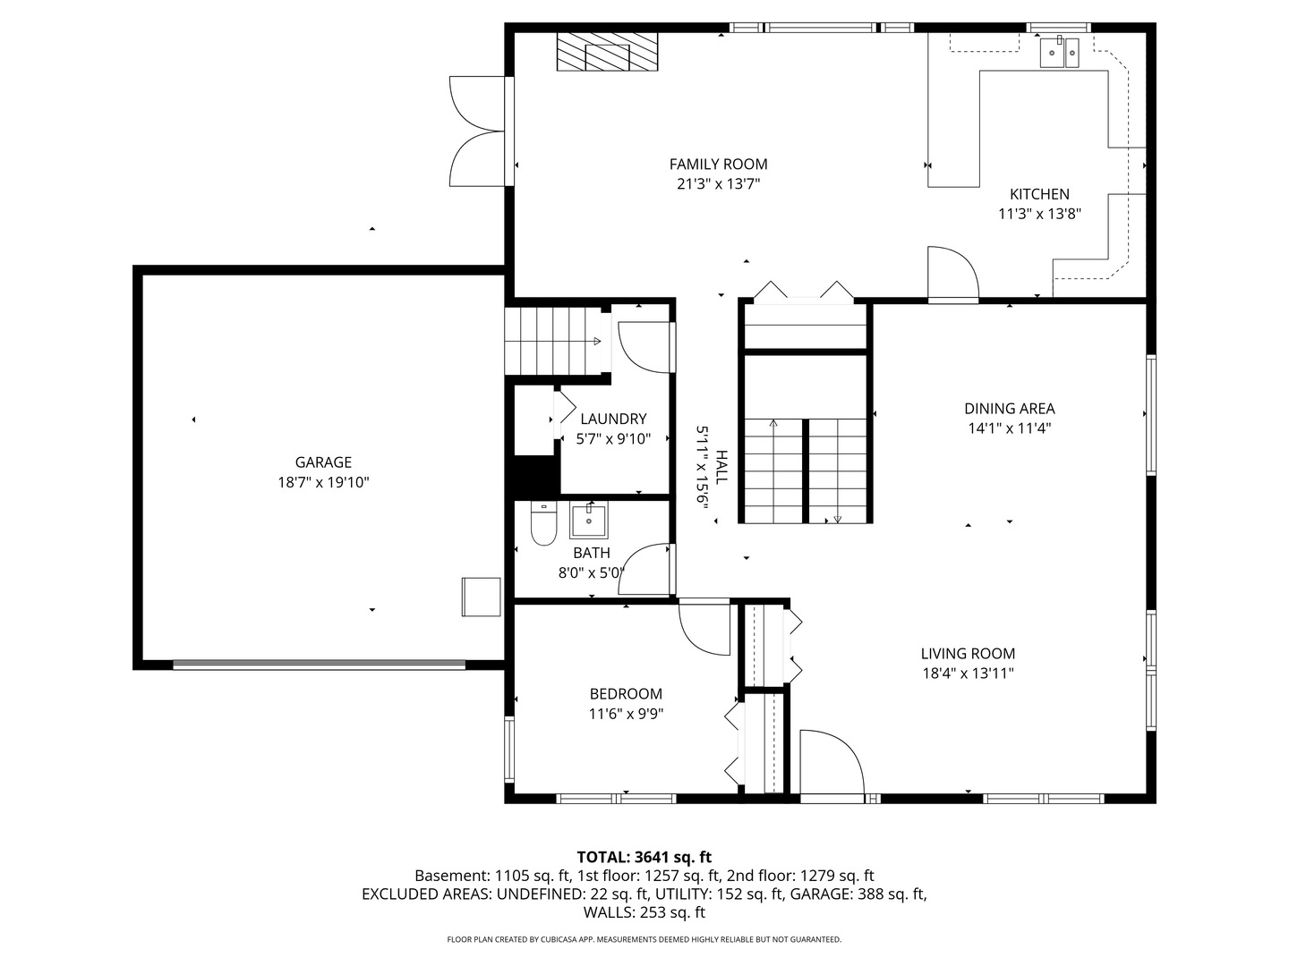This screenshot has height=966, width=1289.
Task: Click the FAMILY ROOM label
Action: pyautogui.click(x=718, y=165)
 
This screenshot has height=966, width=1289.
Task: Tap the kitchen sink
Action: pyautogui.click(x=1059, y=52)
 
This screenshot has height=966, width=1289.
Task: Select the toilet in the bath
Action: pyautogui.click(x=543, y=523)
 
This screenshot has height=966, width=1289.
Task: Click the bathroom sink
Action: pyautogui.click(x=588, y=520)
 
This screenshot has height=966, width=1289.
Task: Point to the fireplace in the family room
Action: pyautogui.click(x=607, y=52)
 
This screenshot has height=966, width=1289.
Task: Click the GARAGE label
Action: pyautogui.click(x=323, y=462)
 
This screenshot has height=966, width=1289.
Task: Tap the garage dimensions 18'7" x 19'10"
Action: pyautogui.click(x=323, y=483)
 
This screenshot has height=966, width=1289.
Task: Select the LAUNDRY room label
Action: pyautogui.click(x=613, y=419)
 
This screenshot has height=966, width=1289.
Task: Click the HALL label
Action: pyautogui.click(x=721, y=467)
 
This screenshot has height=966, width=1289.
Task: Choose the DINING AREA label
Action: pyautogui.click(x=1009, y=408)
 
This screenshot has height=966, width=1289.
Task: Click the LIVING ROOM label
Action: pyautogui.click(x=967, y=653)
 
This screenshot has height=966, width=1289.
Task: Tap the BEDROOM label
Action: pyautogui.click(x=626, y=694)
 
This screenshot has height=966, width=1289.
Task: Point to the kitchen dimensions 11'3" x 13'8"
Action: pyautogui.click(x=1039, y=214)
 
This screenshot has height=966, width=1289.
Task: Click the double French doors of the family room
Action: pyautogui.click(x=477, y=131)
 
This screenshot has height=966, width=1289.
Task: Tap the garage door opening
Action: pyautogui.click(x=319, y=665)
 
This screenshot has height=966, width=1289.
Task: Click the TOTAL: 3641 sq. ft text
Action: pyautogui.click(x=644, y=858)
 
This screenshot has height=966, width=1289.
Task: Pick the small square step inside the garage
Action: pyautogui.click(x=481, y=597)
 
